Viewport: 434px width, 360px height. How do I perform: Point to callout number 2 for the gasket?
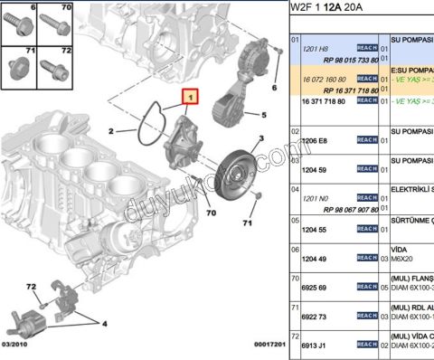(111, 132)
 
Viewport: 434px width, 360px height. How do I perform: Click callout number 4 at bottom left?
(106, 322)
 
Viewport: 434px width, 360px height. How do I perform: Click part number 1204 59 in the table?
(315, 168)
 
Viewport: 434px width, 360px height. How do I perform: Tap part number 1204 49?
(315, 259)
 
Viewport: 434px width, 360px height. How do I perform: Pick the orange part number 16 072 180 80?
(326, 79)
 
